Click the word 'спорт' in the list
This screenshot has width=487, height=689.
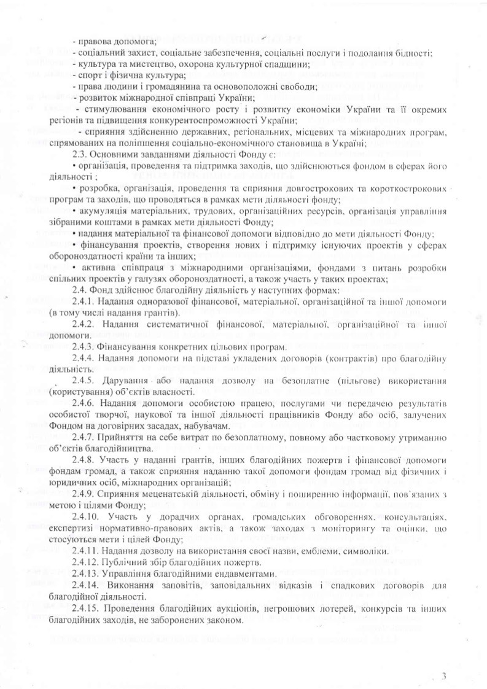pyautogui.click(x=88, y=75)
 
